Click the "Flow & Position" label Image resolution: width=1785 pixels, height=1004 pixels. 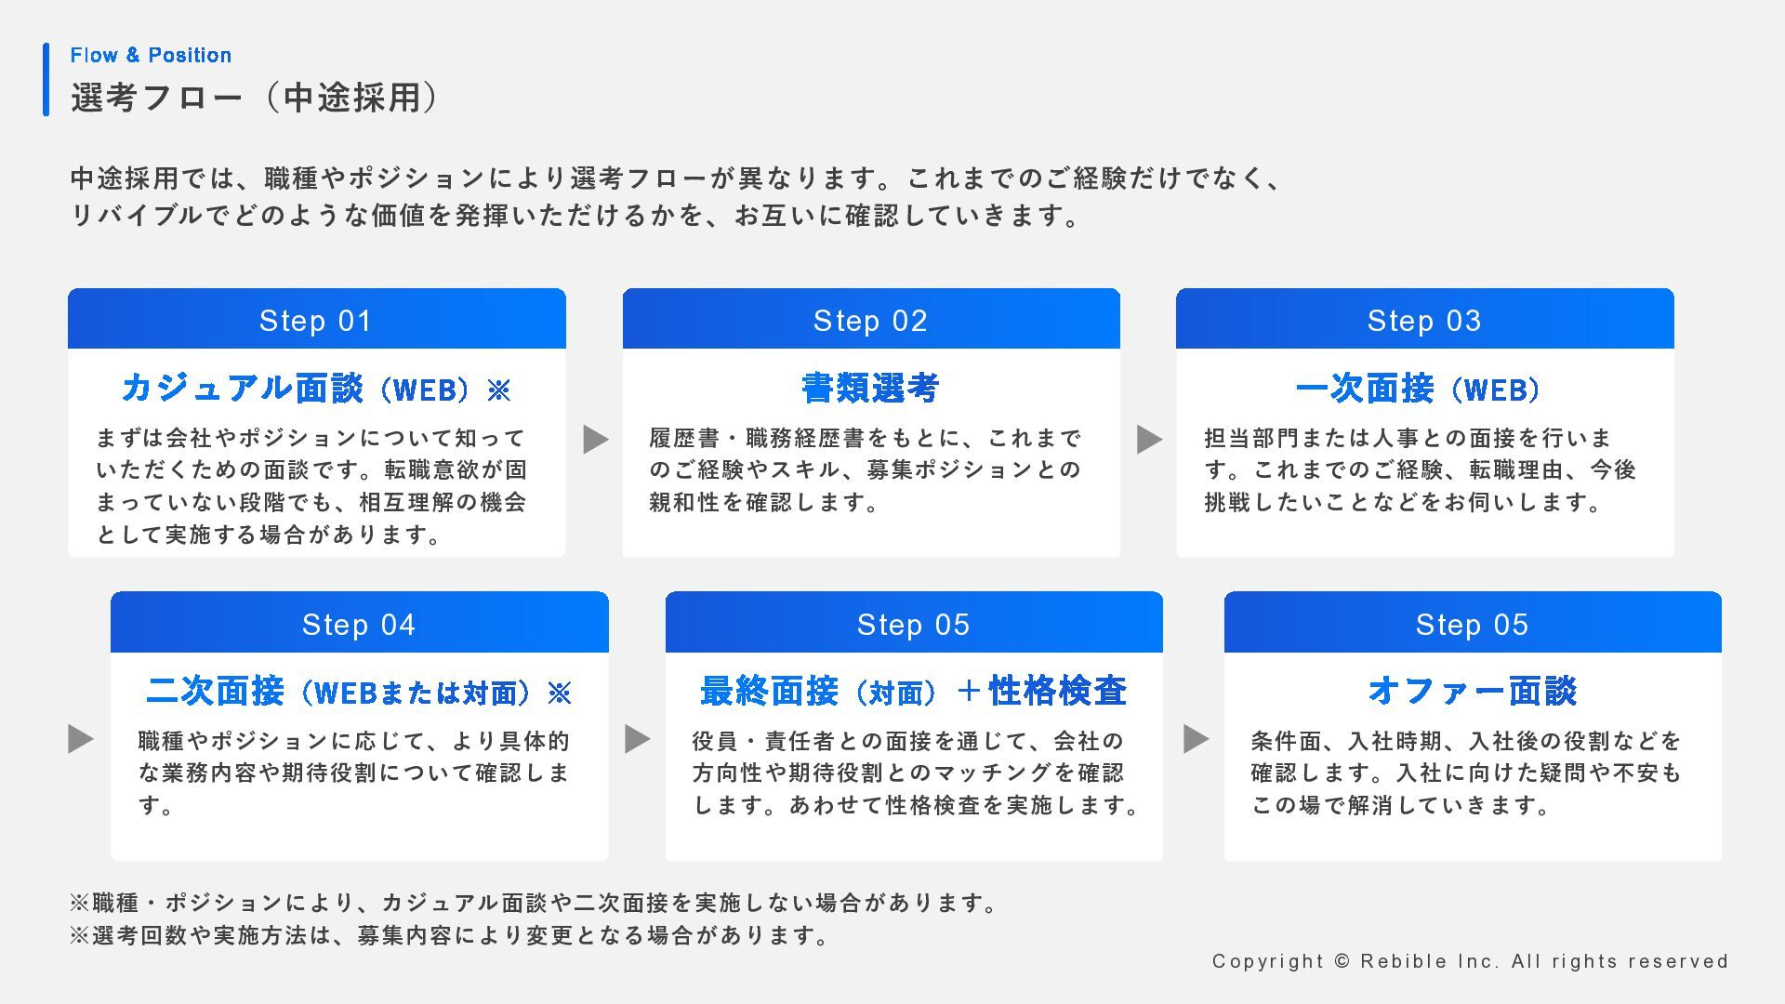(151, 55)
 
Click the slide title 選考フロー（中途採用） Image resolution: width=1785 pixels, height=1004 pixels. (255, 98)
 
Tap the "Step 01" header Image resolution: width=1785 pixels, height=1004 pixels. (316, 321)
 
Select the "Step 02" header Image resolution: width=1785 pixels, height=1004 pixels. (871, 321)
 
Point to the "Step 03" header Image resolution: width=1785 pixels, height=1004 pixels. (1424, 321)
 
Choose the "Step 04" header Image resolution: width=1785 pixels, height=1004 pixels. (359, 624)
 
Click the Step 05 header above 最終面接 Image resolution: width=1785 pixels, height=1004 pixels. (914, 624)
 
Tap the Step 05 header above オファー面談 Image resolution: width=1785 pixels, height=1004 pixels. (1473, 624)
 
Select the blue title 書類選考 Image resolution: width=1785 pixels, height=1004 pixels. (871, 388)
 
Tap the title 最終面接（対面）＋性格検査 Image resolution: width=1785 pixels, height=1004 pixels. (914, 692)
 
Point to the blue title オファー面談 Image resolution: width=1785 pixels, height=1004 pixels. (1473, 691)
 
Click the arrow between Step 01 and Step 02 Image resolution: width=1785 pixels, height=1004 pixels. (595, 439)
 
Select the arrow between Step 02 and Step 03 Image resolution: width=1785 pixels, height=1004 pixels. (1149, 439)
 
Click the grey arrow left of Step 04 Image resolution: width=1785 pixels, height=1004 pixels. (81, 739)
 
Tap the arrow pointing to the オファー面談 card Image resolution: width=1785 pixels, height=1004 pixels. (1196, 739)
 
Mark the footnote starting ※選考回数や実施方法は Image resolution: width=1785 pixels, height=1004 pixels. (450, 935)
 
